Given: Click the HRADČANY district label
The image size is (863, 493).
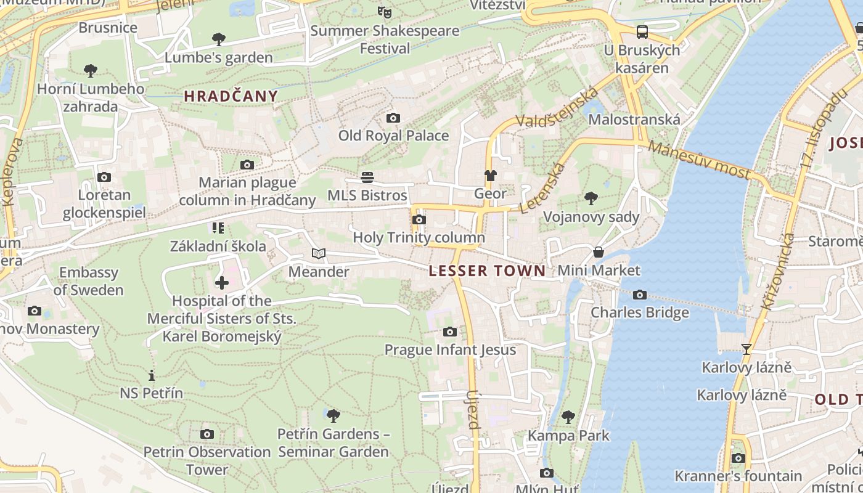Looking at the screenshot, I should coord(231,96).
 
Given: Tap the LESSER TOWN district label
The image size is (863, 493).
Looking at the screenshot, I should coord(487,271).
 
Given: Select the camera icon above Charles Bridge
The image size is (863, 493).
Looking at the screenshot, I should coord(640,295).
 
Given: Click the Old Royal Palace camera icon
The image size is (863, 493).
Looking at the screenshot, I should coord(393,118).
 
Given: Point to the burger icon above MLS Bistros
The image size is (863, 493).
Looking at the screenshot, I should coord(367,177).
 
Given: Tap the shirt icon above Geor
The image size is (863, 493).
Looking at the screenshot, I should coord(490,176).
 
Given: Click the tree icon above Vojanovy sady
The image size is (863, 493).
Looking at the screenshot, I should coord(591,198).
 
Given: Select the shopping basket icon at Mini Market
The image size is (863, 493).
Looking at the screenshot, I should coord(598,252).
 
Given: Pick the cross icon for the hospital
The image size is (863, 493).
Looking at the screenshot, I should coord(221,283).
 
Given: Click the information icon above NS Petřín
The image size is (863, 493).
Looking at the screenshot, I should coord(151,375).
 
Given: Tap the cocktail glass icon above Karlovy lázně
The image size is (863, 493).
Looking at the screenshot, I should coord(746,349).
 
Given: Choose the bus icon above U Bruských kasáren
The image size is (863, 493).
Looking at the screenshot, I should coord(642,31).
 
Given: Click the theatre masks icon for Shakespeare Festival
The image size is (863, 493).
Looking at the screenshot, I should coord(385,12).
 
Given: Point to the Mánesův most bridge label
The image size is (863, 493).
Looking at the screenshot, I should coord(699,160).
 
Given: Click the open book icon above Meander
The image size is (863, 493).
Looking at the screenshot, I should coord(318,253).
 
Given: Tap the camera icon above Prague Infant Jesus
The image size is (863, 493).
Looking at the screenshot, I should coord(449,332).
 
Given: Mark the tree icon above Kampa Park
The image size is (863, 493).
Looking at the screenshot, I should coord(568,417).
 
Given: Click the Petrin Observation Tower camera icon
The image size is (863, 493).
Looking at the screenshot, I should coord(207,434).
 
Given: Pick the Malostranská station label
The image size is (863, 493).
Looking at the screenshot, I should coord(634,120).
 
